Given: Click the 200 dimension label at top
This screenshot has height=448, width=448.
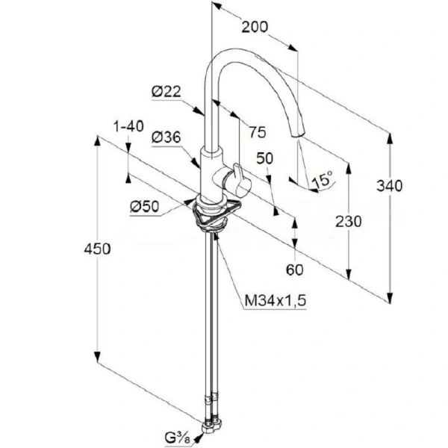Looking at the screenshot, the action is [255, 27].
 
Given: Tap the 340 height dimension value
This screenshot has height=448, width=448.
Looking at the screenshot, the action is [389, 186].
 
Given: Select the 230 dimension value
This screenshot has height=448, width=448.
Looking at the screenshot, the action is [348, 222].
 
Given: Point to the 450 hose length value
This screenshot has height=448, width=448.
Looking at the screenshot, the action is [97, 249].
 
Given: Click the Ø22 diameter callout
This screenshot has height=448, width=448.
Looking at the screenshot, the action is [167, 92].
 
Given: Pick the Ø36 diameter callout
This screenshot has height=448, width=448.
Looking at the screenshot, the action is [167, 137].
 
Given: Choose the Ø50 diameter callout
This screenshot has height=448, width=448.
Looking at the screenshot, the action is [144, 207].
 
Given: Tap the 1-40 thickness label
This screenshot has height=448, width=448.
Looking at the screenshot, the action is [128, 126].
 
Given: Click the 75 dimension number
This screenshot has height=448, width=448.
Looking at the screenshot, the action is [258, 132].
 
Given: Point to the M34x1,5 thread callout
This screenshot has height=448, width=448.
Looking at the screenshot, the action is [276, 301].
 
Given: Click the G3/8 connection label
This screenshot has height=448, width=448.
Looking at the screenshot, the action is [177, 438].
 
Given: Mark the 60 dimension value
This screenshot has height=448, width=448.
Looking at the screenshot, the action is [295, 270].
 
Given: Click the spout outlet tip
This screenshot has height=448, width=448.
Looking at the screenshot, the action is [298, 135].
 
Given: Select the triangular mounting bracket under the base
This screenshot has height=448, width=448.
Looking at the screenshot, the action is [216, 213].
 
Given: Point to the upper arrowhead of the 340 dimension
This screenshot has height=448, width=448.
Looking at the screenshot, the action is [390, 140].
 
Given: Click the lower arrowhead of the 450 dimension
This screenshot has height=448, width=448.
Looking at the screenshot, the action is [97, 357].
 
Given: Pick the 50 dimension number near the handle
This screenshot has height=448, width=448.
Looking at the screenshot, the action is [265, 158].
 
